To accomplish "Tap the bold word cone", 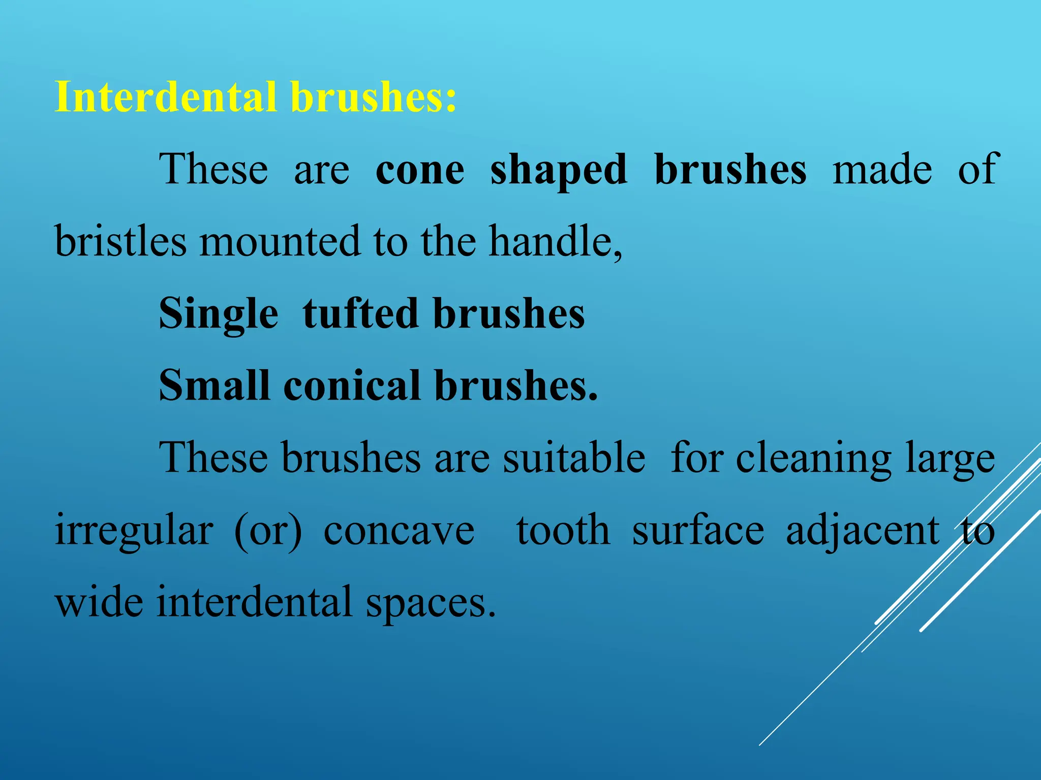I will coord(419,170).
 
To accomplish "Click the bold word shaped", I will coord(558,171).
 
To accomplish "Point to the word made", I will coord(882,170).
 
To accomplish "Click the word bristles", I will coord(120,241).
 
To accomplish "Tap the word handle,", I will coord(555,241).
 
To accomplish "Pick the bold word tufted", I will coord(360,314).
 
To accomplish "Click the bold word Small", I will coord(213,386).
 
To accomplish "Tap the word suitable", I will coord(574,458).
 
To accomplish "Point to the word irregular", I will coord(134,531).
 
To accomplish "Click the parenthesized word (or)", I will coord(268,531).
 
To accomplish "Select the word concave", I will coord(399,531).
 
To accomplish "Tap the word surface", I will coord(697,530).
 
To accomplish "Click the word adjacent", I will coord(862,531).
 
